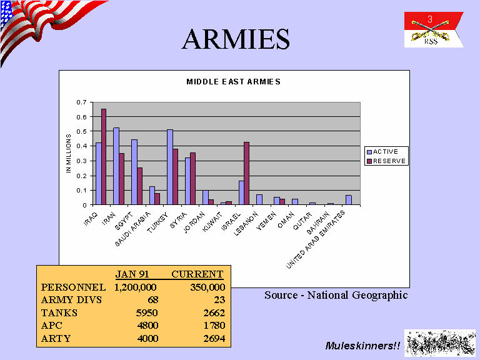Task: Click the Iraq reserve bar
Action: point(104,157)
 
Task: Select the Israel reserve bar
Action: point(246,173)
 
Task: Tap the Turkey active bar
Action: point(170,167)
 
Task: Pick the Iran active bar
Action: point(116,166)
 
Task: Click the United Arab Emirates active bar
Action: point(349,200)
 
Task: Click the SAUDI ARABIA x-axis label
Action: point(133,229)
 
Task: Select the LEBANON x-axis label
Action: point(246,224)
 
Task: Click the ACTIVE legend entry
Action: point(382,151)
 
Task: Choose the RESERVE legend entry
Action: point(386,161)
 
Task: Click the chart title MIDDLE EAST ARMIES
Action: point(234,82)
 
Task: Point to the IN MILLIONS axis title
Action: point(69,153)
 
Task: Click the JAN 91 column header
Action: point(132,274)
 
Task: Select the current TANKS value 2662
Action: point(214,312)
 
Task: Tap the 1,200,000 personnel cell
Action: point(135,287)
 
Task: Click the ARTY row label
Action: point(56,338)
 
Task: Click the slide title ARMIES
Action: point(236,39)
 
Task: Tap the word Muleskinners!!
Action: point(362,346)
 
